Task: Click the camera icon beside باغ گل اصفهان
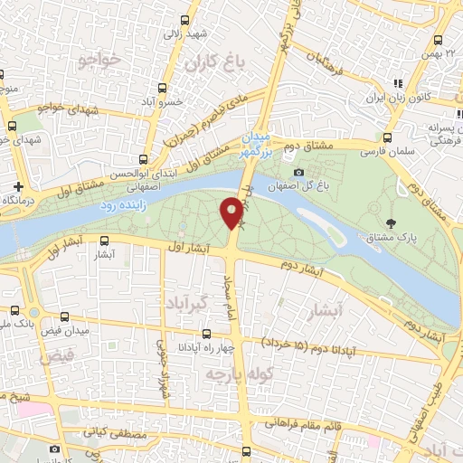click(x=299, y=173)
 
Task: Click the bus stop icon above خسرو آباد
click(x=163, y=88)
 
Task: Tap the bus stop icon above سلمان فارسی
click(x=386, y=138)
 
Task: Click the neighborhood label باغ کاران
click(x=216, y=63)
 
